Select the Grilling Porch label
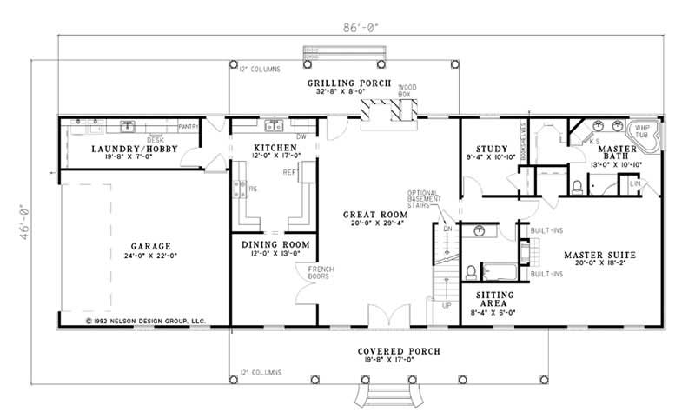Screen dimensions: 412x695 click(345, 83)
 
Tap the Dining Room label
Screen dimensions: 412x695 click(275, 246)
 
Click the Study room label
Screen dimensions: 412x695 click(479, 149)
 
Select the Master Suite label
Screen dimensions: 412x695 click(599, 256)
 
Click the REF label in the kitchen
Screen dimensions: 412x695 click(288, 171)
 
